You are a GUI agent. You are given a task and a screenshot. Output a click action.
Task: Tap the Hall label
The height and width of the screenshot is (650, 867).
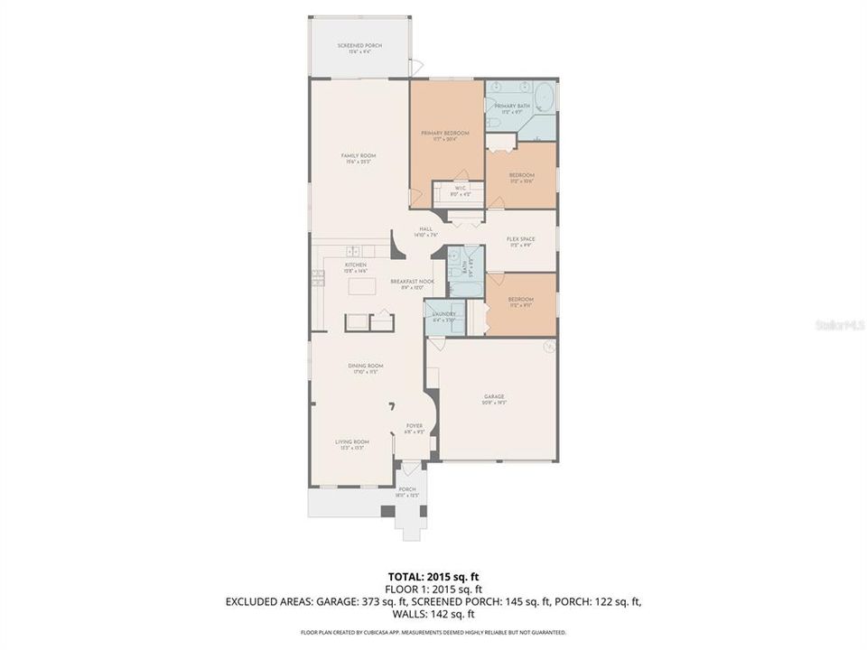tap(426, 231)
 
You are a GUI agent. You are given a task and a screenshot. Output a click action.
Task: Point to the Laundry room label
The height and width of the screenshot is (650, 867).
tap(443, 315)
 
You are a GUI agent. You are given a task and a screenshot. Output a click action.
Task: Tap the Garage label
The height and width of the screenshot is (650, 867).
tap(493, 398)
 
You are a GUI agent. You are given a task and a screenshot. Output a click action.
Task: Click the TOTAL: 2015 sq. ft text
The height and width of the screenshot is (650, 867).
tap(433, 575)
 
